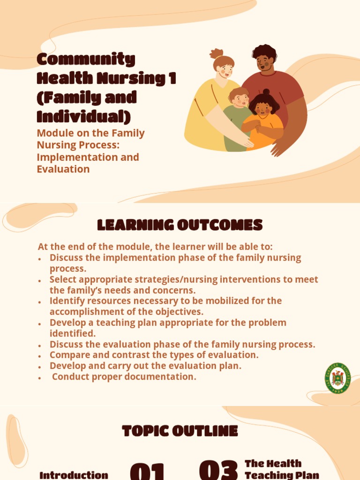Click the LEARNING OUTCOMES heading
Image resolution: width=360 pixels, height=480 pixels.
tap(180, 225)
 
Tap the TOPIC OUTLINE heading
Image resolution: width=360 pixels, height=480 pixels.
tap(180, 431)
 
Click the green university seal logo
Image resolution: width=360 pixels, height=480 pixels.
tap(337, 378)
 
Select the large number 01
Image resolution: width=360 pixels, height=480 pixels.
tap(147, 471)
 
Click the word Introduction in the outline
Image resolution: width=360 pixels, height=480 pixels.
tap(74, 475)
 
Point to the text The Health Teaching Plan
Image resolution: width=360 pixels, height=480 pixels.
tap(281, 469)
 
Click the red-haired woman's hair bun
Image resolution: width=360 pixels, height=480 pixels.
tap(216, 53)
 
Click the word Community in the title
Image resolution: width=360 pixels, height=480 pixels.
tap(86, 60)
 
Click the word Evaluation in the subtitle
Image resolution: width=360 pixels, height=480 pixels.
tap(63, 169)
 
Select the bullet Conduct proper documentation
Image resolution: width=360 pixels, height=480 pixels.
tap(124, 377)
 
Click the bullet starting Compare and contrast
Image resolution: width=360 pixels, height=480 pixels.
tap(154, 355)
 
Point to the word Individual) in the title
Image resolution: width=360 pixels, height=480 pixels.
tap(84, 116)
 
